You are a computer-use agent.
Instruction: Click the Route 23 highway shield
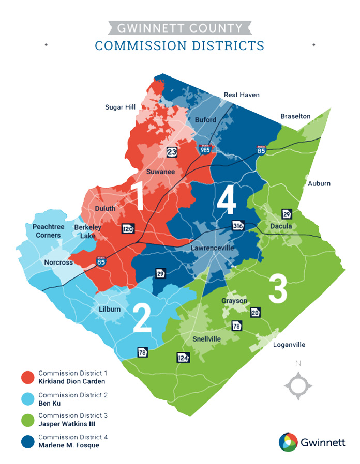tap(172, 152)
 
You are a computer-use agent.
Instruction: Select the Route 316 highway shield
tap(238, 226)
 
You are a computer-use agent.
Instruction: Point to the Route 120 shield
tap(128, 228)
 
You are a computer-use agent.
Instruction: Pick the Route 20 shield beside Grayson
tap(256, 312)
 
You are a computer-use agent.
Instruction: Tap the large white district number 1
tap(138, 195)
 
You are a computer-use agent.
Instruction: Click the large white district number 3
tap(277, 289)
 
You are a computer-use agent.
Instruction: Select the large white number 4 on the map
tap(226, 200)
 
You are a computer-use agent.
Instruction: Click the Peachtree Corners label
tap(46, 231)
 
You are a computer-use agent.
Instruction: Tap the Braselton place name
tap(295, 116)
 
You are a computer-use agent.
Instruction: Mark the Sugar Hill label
tap(120, 107)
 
